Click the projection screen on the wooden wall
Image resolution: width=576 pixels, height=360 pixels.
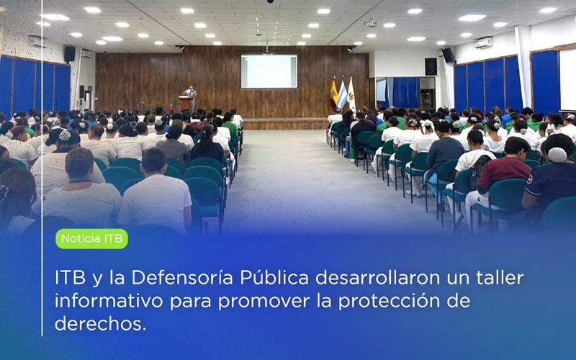click(269, 71)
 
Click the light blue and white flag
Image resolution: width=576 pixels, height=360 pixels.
click(343, 94)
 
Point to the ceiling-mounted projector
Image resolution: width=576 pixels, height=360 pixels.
click(370, 23)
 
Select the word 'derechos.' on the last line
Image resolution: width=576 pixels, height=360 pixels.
click(100, 323)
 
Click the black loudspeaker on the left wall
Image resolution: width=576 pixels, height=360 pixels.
click(70, 54)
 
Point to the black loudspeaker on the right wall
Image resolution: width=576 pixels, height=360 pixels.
click(448, 55)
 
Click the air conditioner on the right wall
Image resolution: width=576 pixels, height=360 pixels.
click(483, 42)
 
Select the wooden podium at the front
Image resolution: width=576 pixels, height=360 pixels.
click(184, 102)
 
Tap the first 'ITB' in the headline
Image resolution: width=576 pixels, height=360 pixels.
click(69, 277)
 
